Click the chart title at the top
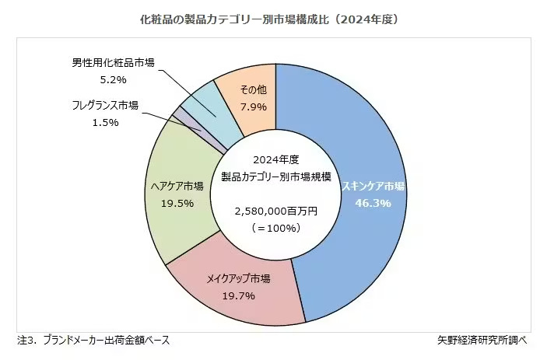[272, 18]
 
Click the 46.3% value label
[373, 202]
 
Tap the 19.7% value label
[238, 295]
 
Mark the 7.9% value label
[253, 106]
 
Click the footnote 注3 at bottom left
[93, 340]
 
